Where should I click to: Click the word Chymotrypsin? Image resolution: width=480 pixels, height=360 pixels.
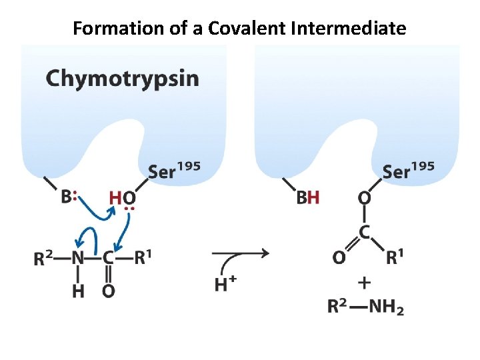tap(122, 79)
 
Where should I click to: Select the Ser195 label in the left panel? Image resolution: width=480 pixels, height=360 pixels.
tap(174, 171)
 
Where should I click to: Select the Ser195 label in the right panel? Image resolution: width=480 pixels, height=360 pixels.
tap(408, 171)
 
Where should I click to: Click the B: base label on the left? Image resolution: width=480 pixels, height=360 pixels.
tap(69, 197)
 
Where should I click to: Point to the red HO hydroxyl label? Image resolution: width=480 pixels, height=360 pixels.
tap(123, 197)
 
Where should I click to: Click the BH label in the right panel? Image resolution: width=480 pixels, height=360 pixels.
tap(308, 197)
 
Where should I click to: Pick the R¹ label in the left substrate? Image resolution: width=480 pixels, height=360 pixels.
tap(142, 258)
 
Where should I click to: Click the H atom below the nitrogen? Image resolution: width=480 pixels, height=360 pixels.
tap(78, 291)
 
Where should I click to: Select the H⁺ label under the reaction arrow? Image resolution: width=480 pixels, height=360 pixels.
tap(225, 285)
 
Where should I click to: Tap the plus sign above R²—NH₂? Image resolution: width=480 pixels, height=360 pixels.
tap(364, 283)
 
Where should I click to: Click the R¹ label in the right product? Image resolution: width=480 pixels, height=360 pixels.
tap(395, 257)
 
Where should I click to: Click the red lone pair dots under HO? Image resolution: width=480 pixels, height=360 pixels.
tap(129, 209)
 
